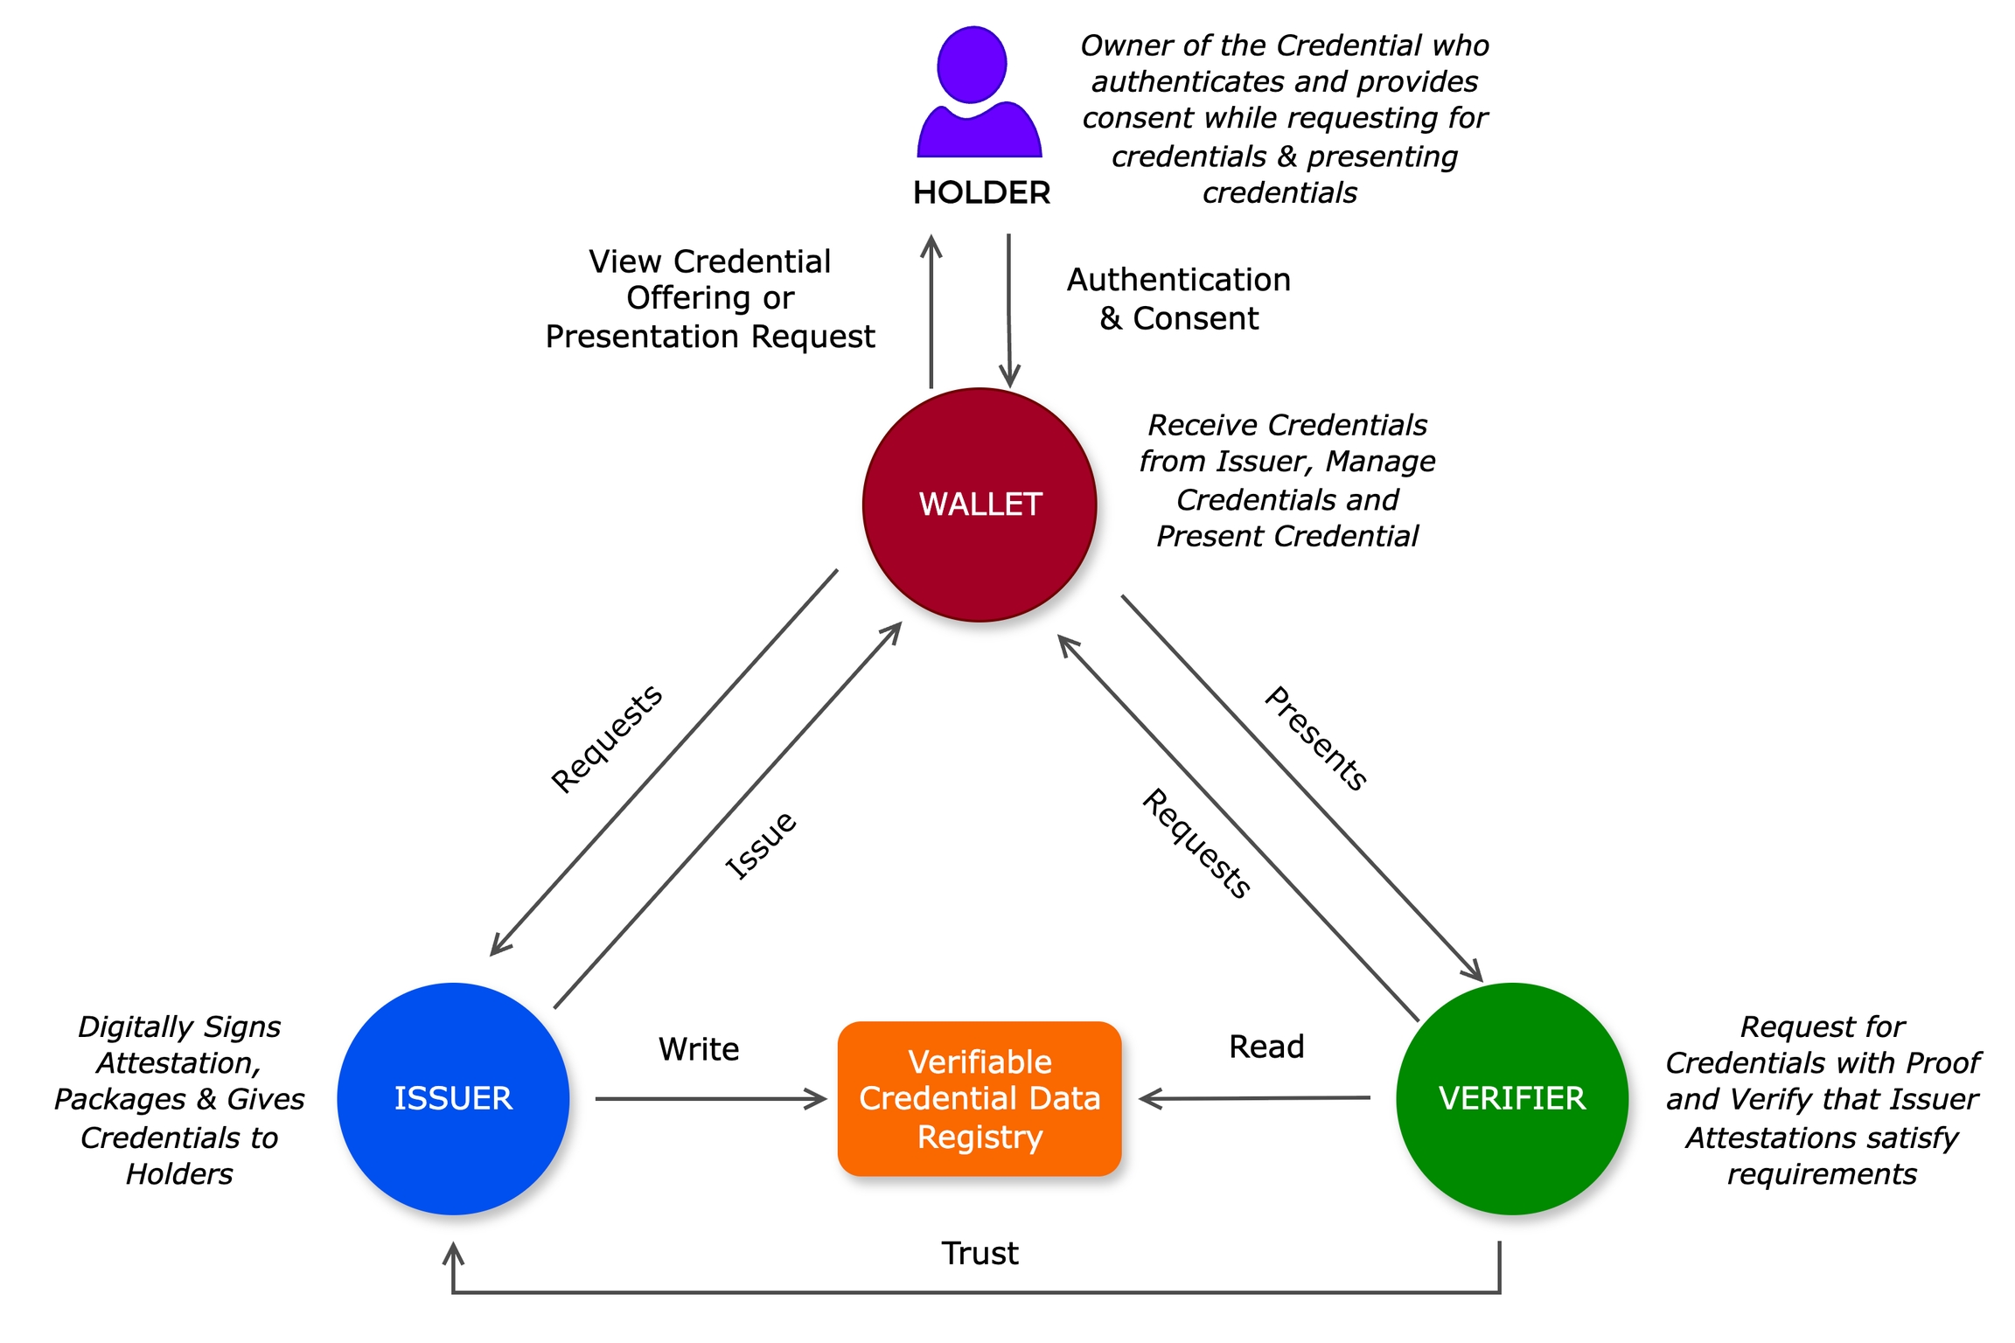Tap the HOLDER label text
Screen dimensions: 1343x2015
tap(981, 192)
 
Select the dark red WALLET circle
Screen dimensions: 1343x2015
tap(980, 504)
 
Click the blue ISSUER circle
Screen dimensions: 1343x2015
tap(453, 1098)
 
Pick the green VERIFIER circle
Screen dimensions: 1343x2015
tap(1511, 1098)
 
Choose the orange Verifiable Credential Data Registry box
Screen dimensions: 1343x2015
tap(980, 1098)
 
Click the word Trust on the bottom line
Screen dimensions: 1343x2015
tap(980, 1253)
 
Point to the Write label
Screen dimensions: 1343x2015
tap(699, 1048)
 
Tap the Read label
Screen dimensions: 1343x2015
tap(1266, 1047)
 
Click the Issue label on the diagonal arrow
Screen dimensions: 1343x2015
tap(761, 845)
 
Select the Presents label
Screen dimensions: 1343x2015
tap(1316, 739)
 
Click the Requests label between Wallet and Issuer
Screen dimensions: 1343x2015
tap(606, 739)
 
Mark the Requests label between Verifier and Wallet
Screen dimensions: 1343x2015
tap(1196, 844)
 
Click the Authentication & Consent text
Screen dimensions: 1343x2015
tap(1179, 298)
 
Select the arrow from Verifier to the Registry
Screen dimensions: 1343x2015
tap(1255, 1098)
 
